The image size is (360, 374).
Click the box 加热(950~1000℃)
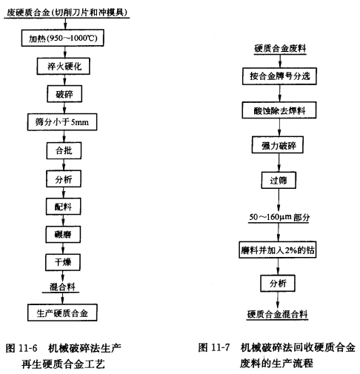click(x=62, y=38)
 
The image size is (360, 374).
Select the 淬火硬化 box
click(x=64, y=66)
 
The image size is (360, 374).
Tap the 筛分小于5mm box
click(x=62, y=122)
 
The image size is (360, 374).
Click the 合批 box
click(x=64, y=150)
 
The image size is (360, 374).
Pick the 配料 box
click(x=63, y=207)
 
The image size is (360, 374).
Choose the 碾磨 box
click(x=63, y=234)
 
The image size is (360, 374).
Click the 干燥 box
click(x=63, y=262)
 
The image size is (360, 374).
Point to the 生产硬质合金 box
click(x=62, y=313)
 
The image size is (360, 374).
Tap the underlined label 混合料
click(x=62, y=287)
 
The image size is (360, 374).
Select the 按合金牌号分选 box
click(x=279, y=76)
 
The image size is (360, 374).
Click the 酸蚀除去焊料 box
click(x=279, y=110)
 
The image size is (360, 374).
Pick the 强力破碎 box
click(x=278, y=145)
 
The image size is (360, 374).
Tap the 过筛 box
click(x=279, y=180)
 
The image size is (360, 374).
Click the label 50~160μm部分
click(x=279, y=217)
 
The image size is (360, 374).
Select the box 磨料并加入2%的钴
click(x=278, y=250)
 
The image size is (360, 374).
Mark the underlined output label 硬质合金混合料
click(x=277, y=314)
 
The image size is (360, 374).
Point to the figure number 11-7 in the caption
click(x=221, y=347)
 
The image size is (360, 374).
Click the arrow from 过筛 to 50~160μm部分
click(x=279, y=200)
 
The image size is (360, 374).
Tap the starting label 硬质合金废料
click(x=280, y=48)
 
